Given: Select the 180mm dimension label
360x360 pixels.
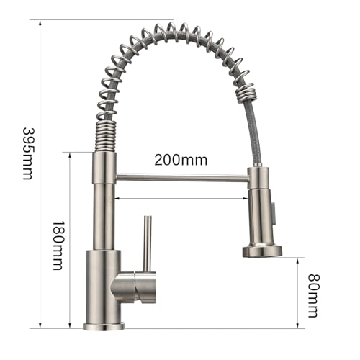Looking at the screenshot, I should click(57, 245).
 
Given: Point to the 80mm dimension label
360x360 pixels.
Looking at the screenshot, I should click(313, 295).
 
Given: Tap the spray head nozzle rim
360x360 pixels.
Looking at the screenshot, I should click(261, 251).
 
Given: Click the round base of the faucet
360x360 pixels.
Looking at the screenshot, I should click(104, 326).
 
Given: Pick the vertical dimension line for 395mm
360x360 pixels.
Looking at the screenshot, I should click(37, 173).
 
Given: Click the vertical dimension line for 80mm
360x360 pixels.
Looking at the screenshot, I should click(297, 292).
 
